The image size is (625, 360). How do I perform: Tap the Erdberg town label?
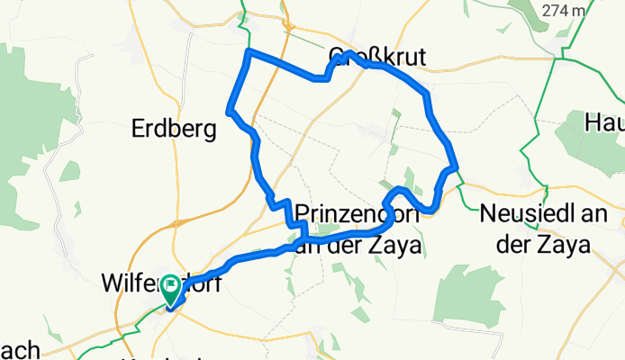(x=174, y=130)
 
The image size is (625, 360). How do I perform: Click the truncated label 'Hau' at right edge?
(x=605, y=121)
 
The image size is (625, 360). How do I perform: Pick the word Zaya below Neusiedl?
(x=560, y=243)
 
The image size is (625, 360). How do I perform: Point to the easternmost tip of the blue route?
(x=457, y=166)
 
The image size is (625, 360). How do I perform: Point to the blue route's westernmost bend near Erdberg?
(x=231, y=112)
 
